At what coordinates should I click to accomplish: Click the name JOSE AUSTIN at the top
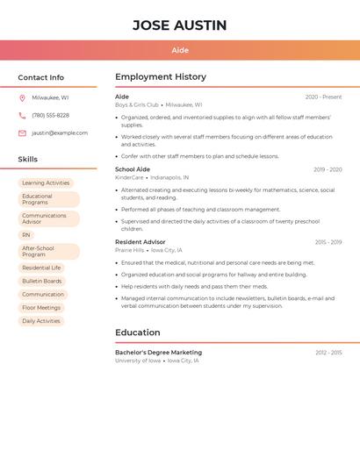(x=180, y=25)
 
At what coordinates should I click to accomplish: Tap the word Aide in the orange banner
(x=180, y=50)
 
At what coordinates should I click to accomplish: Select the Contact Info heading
(x=41, y=77)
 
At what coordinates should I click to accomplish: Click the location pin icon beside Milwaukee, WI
(x=22, y=98)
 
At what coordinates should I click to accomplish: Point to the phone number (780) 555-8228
(x=50, y=115)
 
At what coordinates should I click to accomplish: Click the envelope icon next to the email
(x=22, y=133)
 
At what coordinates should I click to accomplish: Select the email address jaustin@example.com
(x=60, y=133)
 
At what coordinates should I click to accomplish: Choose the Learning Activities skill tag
(x=46, y=183)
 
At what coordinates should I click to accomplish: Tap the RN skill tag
(x=26, y=235)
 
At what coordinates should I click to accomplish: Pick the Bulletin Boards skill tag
(x=42, y=281)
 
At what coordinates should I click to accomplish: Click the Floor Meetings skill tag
(x=41, y=308)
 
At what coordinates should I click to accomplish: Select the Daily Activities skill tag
(x=41, y=321)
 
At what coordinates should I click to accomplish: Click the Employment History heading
(x=161, y=77)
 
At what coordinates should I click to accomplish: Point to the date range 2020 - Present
(x=323, y=97)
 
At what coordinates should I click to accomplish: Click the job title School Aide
(x=133, y=169)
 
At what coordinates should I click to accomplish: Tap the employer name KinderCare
(x=129, y=177)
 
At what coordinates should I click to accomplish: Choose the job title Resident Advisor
(x=140, y=242)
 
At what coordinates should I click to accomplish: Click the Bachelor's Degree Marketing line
(x=158, y=353)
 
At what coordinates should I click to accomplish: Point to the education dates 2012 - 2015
(x=328, y=353)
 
